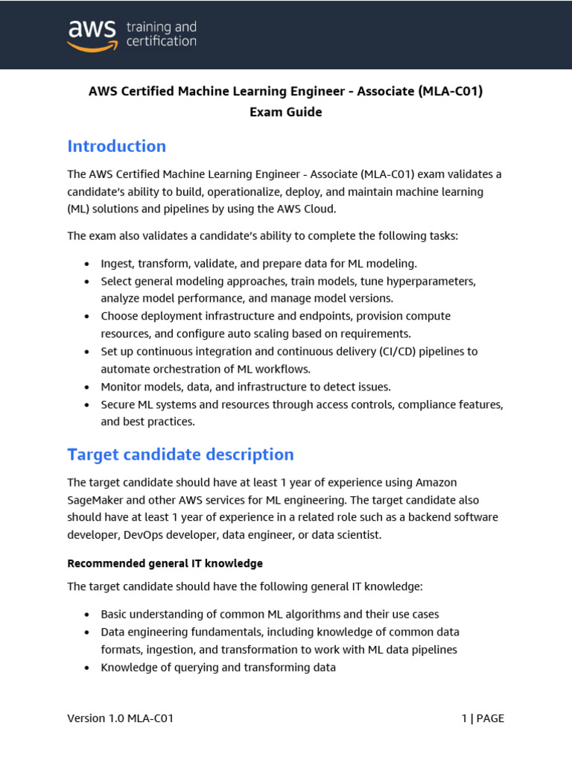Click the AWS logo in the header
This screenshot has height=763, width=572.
point(92,34)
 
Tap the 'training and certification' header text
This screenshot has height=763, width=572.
point(161,34)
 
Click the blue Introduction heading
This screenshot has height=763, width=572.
point(116,146)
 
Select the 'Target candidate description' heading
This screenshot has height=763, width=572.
point(180,455)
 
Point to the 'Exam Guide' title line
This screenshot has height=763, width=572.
point(285,112)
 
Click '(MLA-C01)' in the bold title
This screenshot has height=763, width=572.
point(451,92)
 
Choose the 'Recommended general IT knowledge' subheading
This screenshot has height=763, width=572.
point(165,563)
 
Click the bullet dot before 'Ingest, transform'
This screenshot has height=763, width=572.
point(87,265)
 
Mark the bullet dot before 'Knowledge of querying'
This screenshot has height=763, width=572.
point(87,668)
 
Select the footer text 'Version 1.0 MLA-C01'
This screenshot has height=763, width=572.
point(121,718)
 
